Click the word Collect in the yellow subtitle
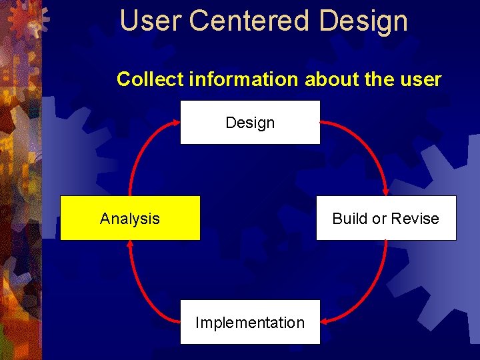(151, 79)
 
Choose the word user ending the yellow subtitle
(422, 79)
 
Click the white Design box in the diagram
(250, 123)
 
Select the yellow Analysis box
(130, 218)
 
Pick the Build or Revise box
(386, 218)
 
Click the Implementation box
(250, 323)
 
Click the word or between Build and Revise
(382, 219)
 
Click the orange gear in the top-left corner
(25, 18)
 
